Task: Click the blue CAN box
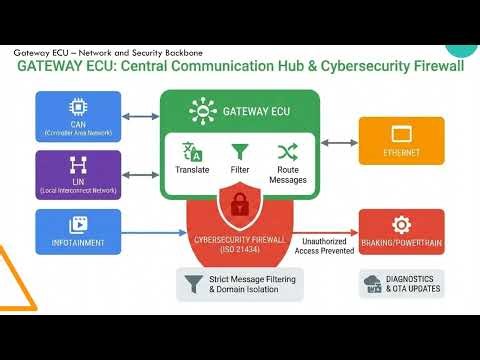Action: point(78,117)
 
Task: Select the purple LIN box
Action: point(78,175)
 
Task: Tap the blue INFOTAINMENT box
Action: point(78,231)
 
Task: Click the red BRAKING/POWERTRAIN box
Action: point(401,232)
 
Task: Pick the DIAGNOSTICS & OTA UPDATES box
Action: point(401,283)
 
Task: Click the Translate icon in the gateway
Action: point(192,152)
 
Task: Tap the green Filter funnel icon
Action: point(240,152)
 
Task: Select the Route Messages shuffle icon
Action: point(288,152)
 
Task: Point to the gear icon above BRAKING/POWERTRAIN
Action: point(401,224)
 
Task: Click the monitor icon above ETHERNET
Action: point(401,133)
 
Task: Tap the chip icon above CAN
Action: point(78,106)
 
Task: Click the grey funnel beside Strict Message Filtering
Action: point(193,284)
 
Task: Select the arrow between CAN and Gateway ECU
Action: point(141,117)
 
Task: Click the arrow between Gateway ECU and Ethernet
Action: point(339,141)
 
